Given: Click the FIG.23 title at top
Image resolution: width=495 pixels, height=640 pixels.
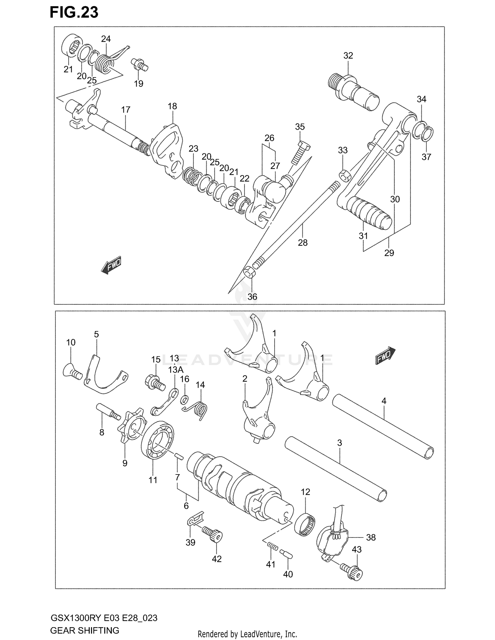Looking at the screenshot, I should pyautogui.click(x=74, y=13).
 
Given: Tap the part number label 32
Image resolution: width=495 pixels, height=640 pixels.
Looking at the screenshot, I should pyautogui.click(x=348, y=56).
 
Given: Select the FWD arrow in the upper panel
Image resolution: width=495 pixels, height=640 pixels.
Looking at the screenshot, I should pyautogui.click(x=111, y=264).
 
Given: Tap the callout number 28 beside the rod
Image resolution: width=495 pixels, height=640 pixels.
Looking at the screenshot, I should pyautogui.click(x=302, y=243).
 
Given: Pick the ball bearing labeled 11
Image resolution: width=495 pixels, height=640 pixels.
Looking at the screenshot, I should pyautogui.click(x=157, y=441).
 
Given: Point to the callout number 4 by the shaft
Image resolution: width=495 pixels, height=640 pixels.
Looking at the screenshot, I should pyautogui.click(x=383, y=401).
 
